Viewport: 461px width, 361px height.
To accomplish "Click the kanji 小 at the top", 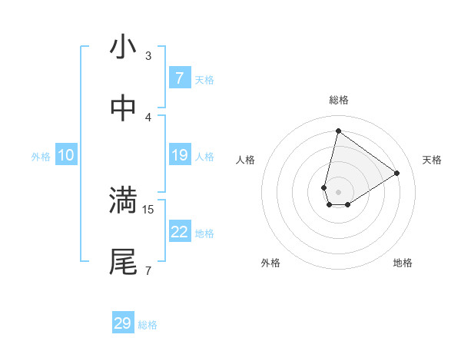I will (x=124, y=48).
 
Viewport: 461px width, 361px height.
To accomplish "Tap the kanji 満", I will (x=124, y=201).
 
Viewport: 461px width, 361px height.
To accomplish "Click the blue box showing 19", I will (x=180, y=155).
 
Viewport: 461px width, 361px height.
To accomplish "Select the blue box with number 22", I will (x=180, y=232).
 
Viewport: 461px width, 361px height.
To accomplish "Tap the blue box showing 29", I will (x=123, y=323).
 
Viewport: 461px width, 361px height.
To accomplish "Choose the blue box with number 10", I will (x=66, y=155).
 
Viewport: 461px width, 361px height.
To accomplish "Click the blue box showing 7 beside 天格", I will (x=180, y=78).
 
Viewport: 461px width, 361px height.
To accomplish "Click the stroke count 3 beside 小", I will (x=148, y=55).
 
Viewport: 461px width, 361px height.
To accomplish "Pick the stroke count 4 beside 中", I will (x=148, y=117).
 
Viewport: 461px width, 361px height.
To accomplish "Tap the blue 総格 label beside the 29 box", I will (x=148, y=325).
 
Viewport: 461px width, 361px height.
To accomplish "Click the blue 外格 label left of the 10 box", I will (x=41, y=157).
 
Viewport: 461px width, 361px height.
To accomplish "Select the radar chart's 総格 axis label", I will (x=338, y=100).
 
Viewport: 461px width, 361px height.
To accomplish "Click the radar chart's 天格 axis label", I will (x=432, y=160).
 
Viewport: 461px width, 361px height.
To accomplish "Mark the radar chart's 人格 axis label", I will (x=245, y=160).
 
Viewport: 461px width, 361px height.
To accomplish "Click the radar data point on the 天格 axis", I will (x=397, y=173).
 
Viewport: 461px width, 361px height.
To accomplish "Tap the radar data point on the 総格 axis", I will (x=338, y=131).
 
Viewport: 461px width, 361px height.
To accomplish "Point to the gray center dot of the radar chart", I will (x=338, y=192).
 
